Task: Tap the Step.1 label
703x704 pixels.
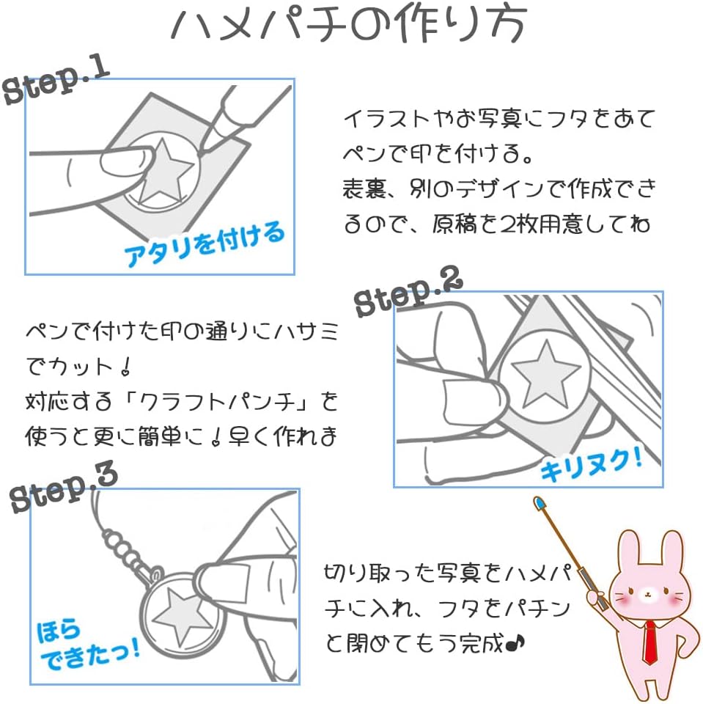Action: [56, 81]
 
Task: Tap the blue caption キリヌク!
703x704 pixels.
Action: [591, 466]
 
